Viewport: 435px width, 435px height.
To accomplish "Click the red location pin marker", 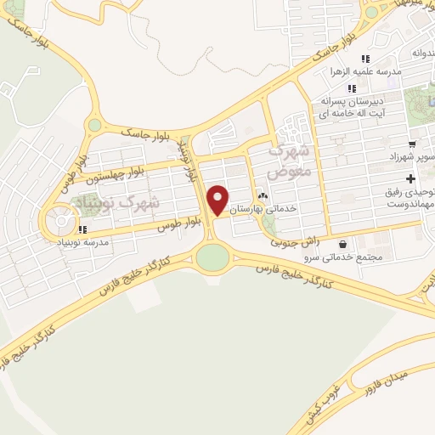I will click(218, 200).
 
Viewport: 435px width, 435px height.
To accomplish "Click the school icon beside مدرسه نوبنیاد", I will click(82, 229).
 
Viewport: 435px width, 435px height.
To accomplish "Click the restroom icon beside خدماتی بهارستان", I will click(262, 196).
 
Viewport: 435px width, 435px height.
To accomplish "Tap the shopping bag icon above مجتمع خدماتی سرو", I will click(342, 243).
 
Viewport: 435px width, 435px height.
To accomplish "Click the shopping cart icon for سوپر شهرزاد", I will click(412, 144).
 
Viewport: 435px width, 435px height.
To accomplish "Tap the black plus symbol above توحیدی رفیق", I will click(412, 179).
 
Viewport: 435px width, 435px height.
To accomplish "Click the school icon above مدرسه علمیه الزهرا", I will click(365, 59).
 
